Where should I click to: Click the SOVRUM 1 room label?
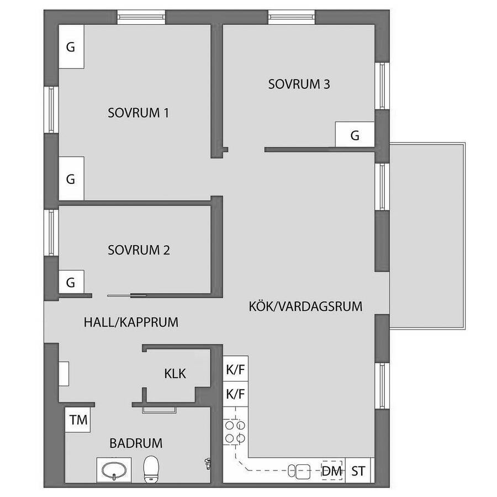pyautogui.click(x=138, y=113)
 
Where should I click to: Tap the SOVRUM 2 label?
pyautogui.click(x=139, y=250)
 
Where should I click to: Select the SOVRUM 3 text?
pyautogui.click(x=299, y=84)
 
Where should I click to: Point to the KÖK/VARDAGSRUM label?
pyautogui.click(x=305, y=306)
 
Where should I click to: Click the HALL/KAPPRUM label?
pyautogui.click(x=131, y=322)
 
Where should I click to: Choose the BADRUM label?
pyautogui.click(x=136, y=443)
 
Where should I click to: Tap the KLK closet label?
pyautogui.click(x=175, y=373)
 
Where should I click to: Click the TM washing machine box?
pyautogui.click(x=78, y=420)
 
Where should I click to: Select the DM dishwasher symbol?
pyautogui.click(x=332, y=470)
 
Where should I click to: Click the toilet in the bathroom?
pyautogui.click(x=151, y=469)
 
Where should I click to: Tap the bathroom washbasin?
pyautogui.click(x=114, y=470)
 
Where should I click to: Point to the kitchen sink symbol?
pyautogui.click(x=299, y=471)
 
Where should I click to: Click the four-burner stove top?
pyautogui.click(x=235, y=432)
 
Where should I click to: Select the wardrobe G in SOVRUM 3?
pyautogui.click(x=355, y=135)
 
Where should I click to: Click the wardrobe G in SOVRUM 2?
pyautogui.click(x=71, y=282)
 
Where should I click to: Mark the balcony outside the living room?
pyautogui.click(x=427, y=236)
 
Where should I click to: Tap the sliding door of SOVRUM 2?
pyautogui.click(x=127, y=296)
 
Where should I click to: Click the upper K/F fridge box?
pyautogui.click(x=235, y=369)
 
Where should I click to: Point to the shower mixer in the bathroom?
pyautogui.click(x=207, y=464)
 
